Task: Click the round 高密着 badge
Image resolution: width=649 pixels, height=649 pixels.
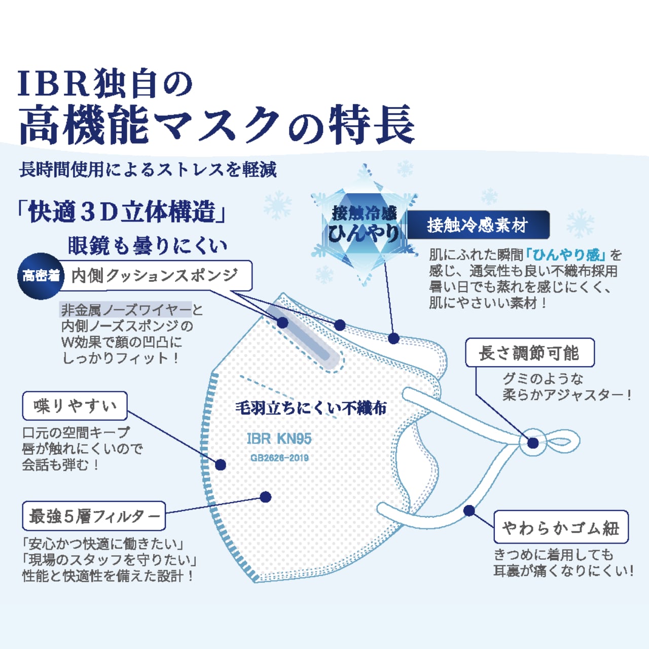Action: [41, 276]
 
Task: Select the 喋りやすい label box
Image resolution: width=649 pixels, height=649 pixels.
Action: [75, 406]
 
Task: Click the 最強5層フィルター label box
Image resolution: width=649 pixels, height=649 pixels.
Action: [94, 516]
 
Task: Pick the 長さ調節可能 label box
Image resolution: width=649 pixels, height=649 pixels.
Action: [529, 353]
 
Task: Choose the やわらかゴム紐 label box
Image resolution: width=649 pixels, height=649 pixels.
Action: [561, 527]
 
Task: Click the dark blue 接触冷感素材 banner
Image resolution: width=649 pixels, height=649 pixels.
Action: [478, 225]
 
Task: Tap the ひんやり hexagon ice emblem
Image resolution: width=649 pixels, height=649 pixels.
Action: [363, 225]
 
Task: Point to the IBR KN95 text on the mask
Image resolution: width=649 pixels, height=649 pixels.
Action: [279, 439]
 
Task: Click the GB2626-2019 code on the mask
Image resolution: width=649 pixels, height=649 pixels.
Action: [279, 458]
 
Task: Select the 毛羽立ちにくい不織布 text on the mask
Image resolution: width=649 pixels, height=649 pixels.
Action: [311, 408]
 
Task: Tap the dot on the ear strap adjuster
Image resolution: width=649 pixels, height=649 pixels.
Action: [532, 443]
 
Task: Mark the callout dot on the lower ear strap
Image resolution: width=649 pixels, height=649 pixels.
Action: [469, 511]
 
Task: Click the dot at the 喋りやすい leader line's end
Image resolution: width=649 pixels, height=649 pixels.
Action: [220, 464]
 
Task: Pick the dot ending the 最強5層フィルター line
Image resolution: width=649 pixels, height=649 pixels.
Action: [265, 497]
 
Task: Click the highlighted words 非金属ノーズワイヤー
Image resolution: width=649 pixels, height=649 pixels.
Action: [126, 309]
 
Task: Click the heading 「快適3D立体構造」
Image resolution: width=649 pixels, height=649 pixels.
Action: [122, 212]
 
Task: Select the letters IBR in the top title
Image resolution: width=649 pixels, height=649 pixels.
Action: [53, 84]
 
